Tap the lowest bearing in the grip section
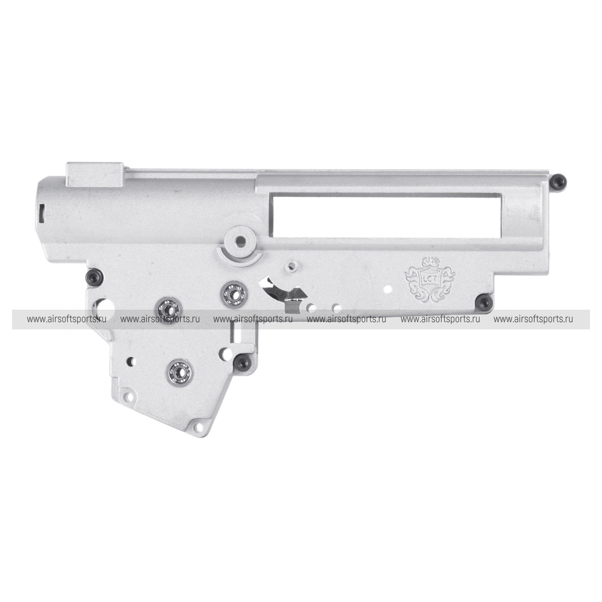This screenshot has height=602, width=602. [180, 371]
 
